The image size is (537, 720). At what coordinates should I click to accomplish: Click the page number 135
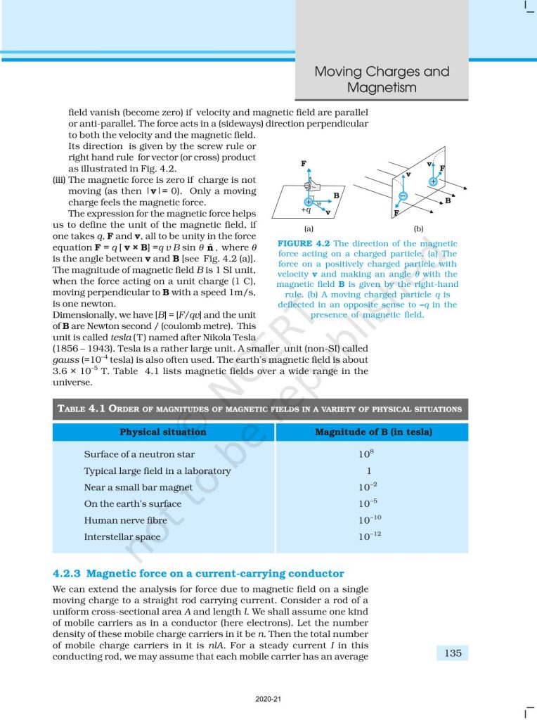453,653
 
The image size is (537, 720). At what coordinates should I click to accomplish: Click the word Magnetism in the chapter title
382,88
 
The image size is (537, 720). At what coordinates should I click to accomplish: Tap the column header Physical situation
163,432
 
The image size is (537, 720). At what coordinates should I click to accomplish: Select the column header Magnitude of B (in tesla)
373,432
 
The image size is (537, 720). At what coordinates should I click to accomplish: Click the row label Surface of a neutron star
139,454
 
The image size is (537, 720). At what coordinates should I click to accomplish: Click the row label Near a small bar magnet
138,487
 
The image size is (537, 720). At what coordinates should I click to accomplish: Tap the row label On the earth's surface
132,504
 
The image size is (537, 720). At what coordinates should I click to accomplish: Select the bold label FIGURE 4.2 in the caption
303,244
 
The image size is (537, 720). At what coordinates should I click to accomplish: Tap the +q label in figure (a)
305,211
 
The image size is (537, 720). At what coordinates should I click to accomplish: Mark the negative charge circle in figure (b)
403,196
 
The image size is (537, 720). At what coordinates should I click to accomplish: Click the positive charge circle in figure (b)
433,181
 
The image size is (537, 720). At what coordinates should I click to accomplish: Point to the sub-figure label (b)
419,229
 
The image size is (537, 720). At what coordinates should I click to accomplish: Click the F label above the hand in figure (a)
304,164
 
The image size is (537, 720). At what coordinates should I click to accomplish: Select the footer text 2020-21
268,700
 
